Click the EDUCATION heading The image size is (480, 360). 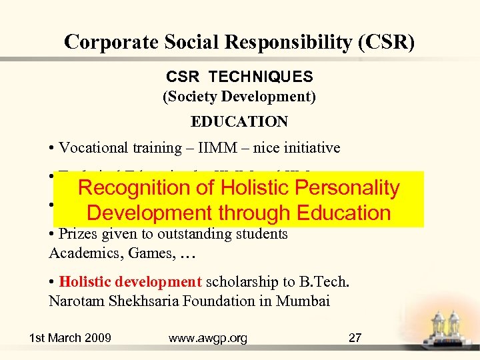point(239,121)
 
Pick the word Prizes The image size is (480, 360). point(77,234)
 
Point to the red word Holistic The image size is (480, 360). point(85,282)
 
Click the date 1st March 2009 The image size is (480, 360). point(70,338)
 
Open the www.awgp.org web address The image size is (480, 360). point(208,338)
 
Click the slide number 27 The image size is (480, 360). point(355,338)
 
